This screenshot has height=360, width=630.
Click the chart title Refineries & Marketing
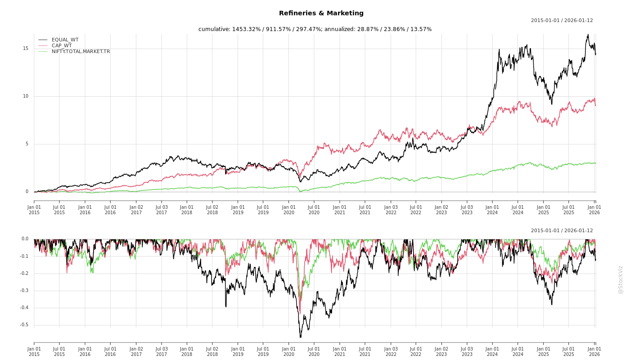tap(321, 13)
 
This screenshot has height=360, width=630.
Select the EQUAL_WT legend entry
tap(65, 40)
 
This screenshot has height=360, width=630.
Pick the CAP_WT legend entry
tap(61, 45)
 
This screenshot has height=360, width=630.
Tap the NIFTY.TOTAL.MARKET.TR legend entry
tap(81, 51)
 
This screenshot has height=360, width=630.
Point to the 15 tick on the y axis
tap(26, 49)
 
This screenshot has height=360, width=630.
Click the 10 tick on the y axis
tap(26, 96)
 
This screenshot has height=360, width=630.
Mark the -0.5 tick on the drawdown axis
tap(24, 325)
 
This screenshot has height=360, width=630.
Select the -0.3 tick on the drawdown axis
tap(24, 291)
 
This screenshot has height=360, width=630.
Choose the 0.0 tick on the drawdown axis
tap(25, 239)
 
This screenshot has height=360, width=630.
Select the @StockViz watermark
tap(621, 279)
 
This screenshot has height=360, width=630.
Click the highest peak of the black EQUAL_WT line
tap(588, 34)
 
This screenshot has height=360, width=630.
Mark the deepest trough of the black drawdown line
tap(300, 337)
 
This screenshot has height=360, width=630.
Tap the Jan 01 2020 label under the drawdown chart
tap(288, 351)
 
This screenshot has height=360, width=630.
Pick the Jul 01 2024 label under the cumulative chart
tap(518, 209)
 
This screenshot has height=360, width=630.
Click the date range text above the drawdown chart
tap(562, 230)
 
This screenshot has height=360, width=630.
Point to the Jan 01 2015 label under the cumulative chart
tap(34, 209)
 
